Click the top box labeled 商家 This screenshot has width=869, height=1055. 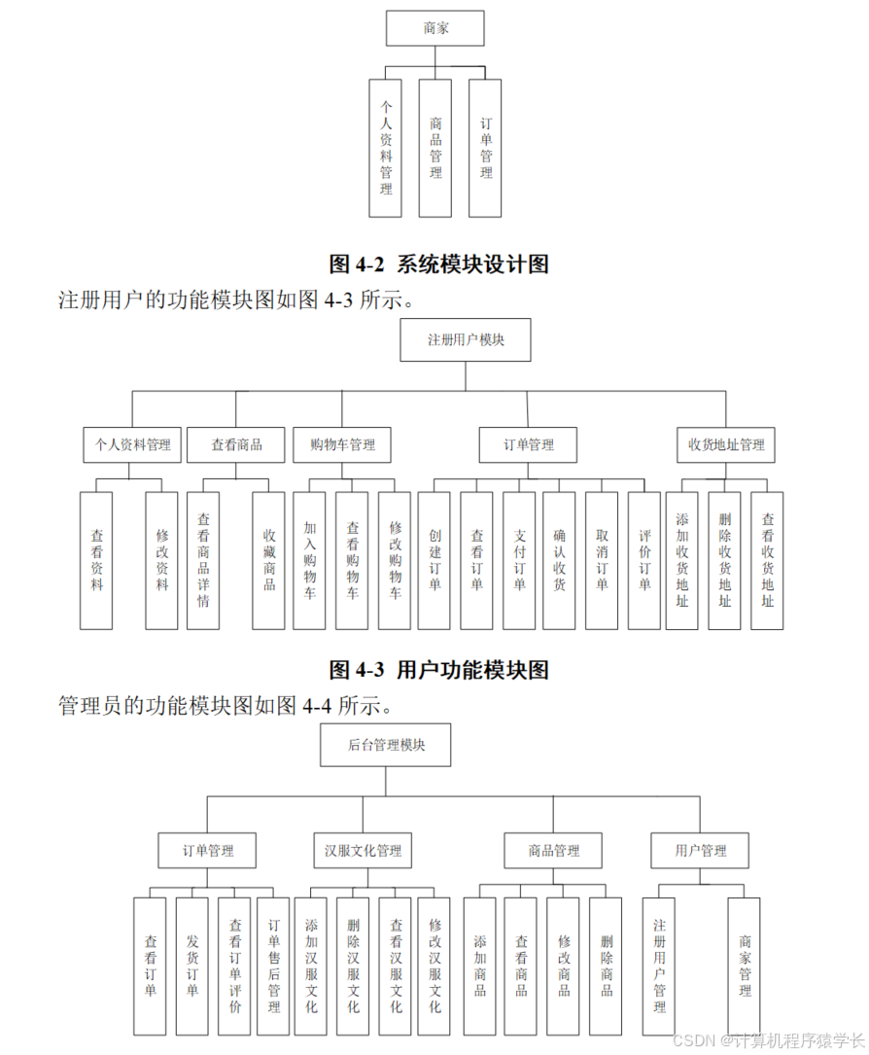pos(434,28)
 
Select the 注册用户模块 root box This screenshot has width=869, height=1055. pos(466,339)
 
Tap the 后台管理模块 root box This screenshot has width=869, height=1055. pos(386,745)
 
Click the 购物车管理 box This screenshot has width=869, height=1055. pos(342,444)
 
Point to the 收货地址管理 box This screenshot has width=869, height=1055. pos(726,444)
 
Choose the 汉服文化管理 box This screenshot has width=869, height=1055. pos(363,850)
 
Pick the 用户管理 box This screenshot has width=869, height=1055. pos(700,850)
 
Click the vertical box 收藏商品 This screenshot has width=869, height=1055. pos(268,560)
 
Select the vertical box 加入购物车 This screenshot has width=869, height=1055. pos(310,560)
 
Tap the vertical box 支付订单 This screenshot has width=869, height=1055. pos(519,560)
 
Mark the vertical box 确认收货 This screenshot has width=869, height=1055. pos(559,560)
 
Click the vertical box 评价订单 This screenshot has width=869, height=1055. pos(643,560)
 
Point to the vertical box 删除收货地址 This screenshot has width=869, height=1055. pos(724,560)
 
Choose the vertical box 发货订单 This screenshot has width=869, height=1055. pos(191,966)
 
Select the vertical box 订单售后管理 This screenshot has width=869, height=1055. pos(273,966)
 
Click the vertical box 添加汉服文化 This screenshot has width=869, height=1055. pos(310,966)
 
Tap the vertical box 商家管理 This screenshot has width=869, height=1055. pos(744,966)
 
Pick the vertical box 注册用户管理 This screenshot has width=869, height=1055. pos(659,966)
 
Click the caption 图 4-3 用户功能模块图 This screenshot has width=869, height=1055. pos(439,669)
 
